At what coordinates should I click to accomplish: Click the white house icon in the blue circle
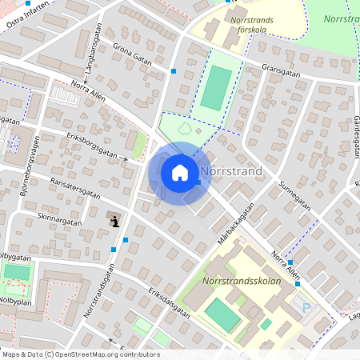(180, 173)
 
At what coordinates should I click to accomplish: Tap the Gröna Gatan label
(132, 54)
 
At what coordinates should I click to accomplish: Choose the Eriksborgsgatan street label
(91, 146)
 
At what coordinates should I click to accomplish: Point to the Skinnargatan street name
(59, 218)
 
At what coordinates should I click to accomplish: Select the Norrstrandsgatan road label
(98, 291)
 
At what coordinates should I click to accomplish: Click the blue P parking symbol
(306, 307)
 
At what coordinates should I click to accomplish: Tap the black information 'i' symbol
(115, 221)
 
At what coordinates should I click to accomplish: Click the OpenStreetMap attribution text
(80, 354)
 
